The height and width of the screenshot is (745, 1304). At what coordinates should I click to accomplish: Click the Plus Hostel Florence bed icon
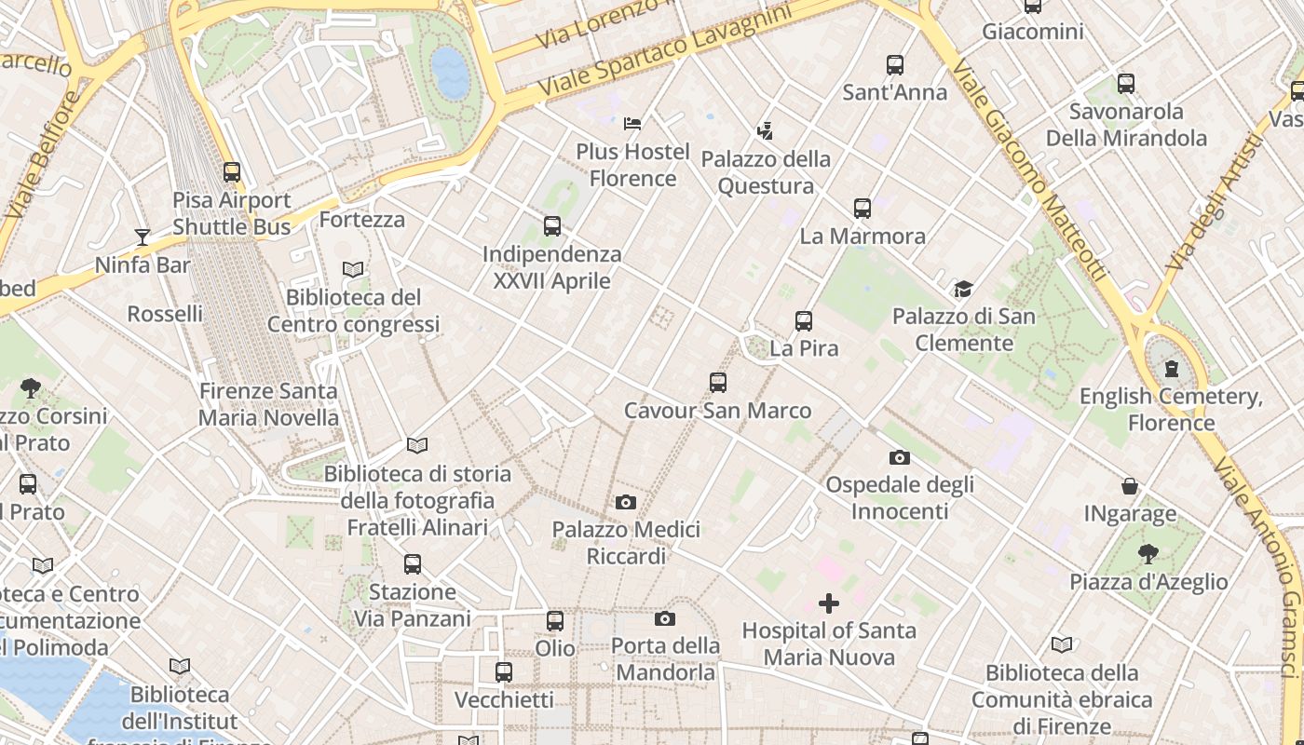pos(632,123)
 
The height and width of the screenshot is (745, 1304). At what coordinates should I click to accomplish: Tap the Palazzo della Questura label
pos(766,172)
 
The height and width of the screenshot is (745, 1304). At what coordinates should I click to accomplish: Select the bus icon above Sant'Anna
pos(895,65)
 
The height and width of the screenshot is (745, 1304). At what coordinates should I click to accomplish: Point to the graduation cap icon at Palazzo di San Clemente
pos(963,290)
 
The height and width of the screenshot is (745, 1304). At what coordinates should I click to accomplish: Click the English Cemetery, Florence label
pos(1171,410)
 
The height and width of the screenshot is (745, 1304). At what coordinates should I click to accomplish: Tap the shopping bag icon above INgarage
pos(1130,486)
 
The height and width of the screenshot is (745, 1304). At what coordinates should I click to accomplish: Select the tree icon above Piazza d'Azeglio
pos(1148,554)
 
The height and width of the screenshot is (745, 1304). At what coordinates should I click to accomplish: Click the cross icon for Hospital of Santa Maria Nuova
pos(828,603)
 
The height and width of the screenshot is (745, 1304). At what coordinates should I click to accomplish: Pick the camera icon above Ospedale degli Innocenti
pos(899,457)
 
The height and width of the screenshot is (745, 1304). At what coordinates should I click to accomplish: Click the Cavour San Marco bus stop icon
pos(717,383)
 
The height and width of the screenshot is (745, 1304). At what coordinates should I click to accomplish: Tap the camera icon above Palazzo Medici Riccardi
pos(626,503)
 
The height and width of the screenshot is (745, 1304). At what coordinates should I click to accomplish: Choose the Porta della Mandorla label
pos(665,658)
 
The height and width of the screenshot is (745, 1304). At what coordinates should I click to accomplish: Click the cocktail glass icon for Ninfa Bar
pos(143,237)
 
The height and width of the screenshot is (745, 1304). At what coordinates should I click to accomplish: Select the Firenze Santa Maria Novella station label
pos(268,404)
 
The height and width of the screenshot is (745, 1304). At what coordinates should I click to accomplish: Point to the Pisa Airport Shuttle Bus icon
pos(232,172)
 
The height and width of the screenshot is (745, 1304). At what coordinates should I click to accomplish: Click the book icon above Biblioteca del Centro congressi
pos(353,270)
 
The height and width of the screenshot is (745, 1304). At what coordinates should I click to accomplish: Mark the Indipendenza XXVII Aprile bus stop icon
pos(552,226)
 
